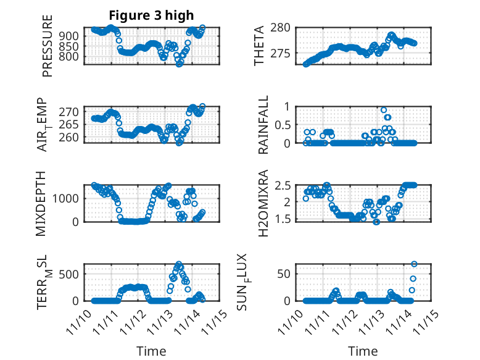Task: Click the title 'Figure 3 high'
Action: coord(151,15)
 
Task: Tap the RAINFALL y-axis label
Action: coord(263,125)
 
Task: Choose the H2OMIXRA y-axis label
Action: coord(263,203)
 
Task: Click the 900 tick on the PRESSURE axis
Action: coord(70,36)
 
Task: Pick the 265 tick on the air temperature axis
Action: coord(70,124)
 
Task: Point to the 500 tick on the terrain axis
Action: coord(70,274)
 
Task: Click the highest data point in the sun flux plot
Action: coord(414,264)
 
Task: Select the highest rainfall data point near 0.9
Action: coord(384,110)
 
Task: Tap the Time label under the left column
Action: coord(151,351)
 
